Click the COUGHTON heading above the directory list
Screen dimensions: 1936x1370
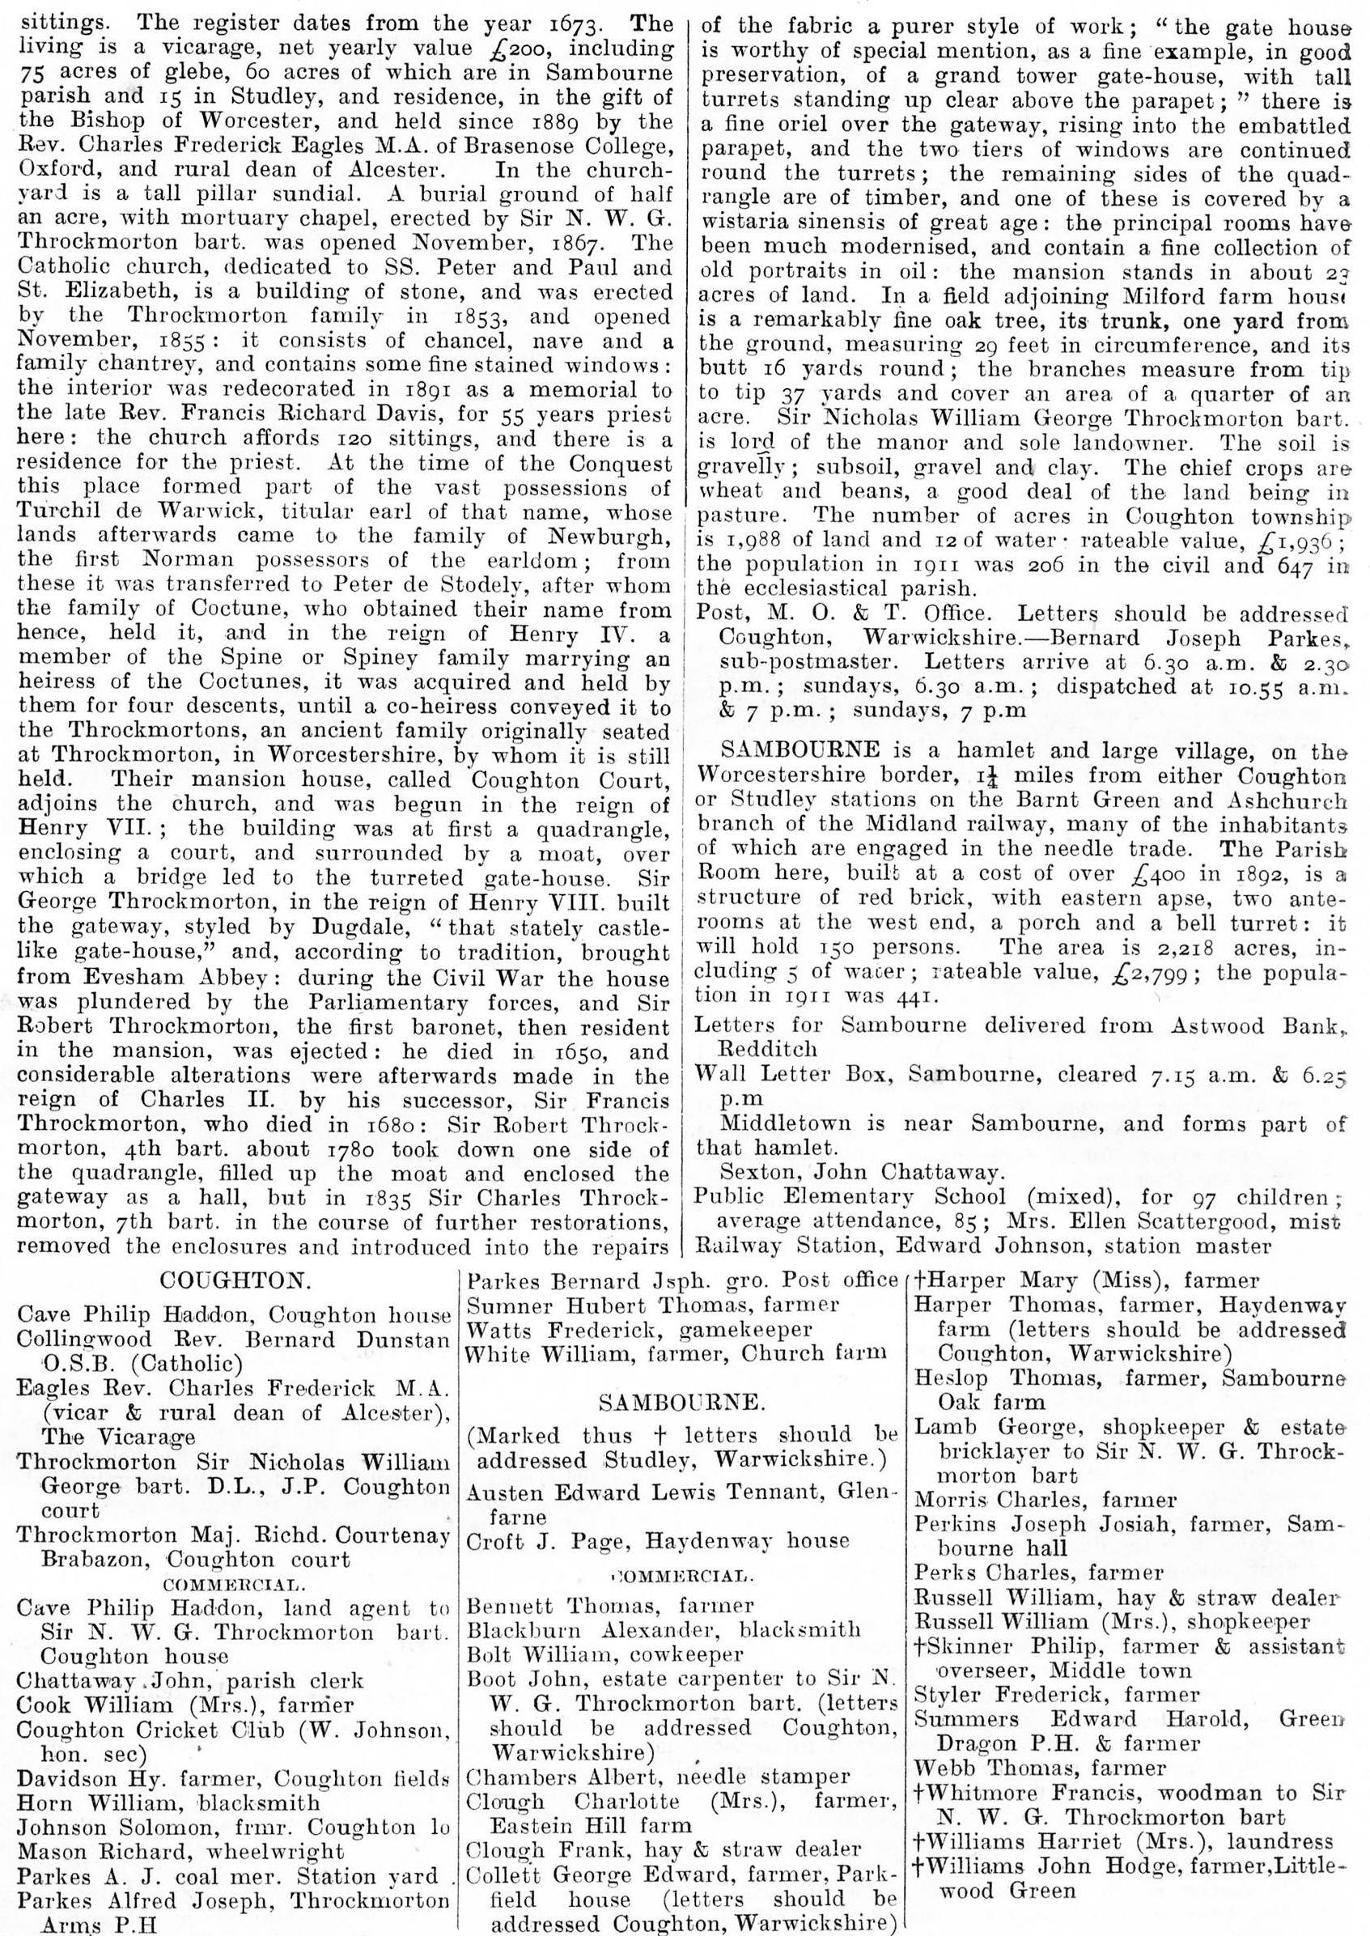[x=232, y=1279]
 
